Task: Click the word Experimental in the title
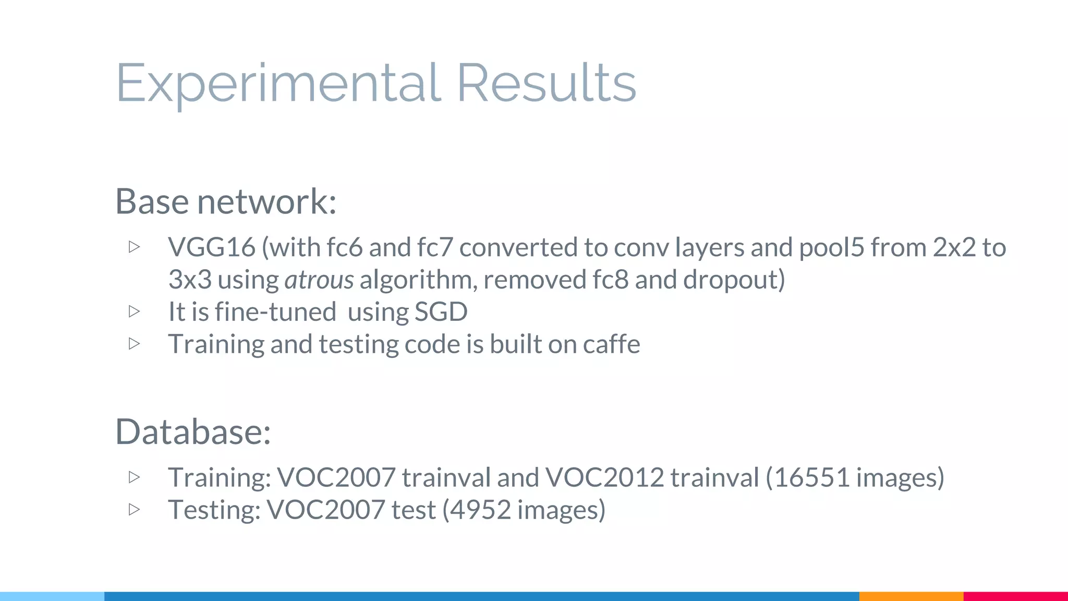(278, 83)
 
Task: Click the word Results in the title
(546, 83)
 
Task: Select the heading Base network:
(226, 201)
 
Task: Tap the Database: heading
(193, 432)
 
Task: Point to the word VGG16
(212, 247)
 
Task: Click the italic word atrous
(319, 280)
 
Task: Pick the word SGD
(441, 312)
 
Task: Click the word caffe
(611, 344)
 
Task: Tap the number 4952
(480, 510)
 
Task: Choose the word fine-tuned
(275, 312)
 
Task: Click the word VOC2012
(605, 477)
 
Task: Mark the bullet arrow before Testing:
(134, 509)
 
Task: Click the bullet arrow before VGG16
(134, 247)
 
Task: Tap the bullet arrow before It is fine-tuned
(134, 311)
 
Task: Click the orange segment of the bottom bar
(911, 596)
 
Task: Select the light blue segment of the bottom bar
(52, 596)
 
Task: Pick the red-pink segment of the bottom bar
(1015, 596)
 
